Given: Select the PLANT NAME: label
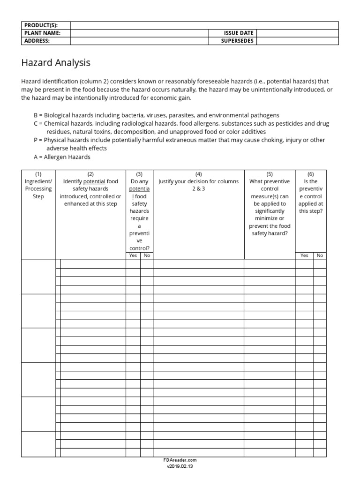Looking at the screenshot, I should pos(42,33).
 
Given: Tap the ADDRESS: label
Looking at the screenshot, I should pos(36,41).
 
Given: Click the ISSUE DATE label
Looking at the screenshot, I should pos(239,33).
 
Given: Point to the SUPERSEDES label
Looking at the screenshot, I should pos(237,41).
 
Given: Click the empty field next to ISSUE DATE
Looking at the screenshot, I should pos(297,33).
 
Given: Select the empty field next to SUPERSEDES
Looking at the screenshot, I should pos(297,41).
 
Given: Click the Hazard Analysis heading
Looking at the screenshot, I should pos(56,62).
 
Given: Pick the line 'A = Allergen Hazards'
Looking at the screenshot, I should pos(62,157).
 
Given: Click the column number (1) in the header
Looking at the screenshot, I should pos(38,174).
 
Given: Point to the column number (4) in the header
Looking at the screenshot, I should pos(198,174).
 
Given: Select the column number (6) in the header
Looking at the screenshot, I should pos(310,174).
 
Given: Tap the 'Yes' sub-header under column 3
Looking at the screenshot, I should pos(133,255).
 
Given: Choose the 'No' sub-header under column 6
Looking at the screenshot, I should pos(320,255).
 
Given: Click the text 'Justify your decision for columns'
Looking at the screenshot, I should pos(198,181).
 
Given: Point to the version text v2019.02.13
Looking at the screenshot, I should pos(180,467).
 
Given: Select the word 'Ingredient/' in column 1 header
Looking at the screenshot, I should pos(38,181).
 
